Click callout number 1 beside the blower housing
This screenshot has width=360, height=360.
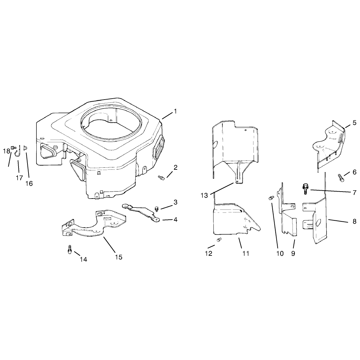coord(175,112)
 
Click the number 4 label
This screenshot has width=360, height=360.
coord(175,220)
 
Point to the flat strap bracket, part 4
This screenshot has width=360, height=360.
coord(141,213)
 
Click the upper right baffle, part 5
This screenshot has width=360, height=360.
coord(329,147)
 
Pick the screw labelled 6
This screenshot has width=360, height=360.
coord(341,178)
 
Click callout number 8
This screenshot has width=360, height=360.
coord(354,221)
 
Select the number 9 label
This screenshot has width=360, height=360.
coord(293,253)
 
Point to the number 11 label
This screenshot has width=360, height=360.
coord(246,253)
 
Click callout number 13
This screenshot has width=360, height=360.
coord(204,195)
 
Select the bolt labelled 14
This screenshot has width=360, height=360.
coord(70,249)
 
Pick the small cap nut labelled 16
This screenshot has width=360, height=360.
coord(25,148)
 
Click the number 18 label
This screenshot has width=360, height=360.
coord(6,151)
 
